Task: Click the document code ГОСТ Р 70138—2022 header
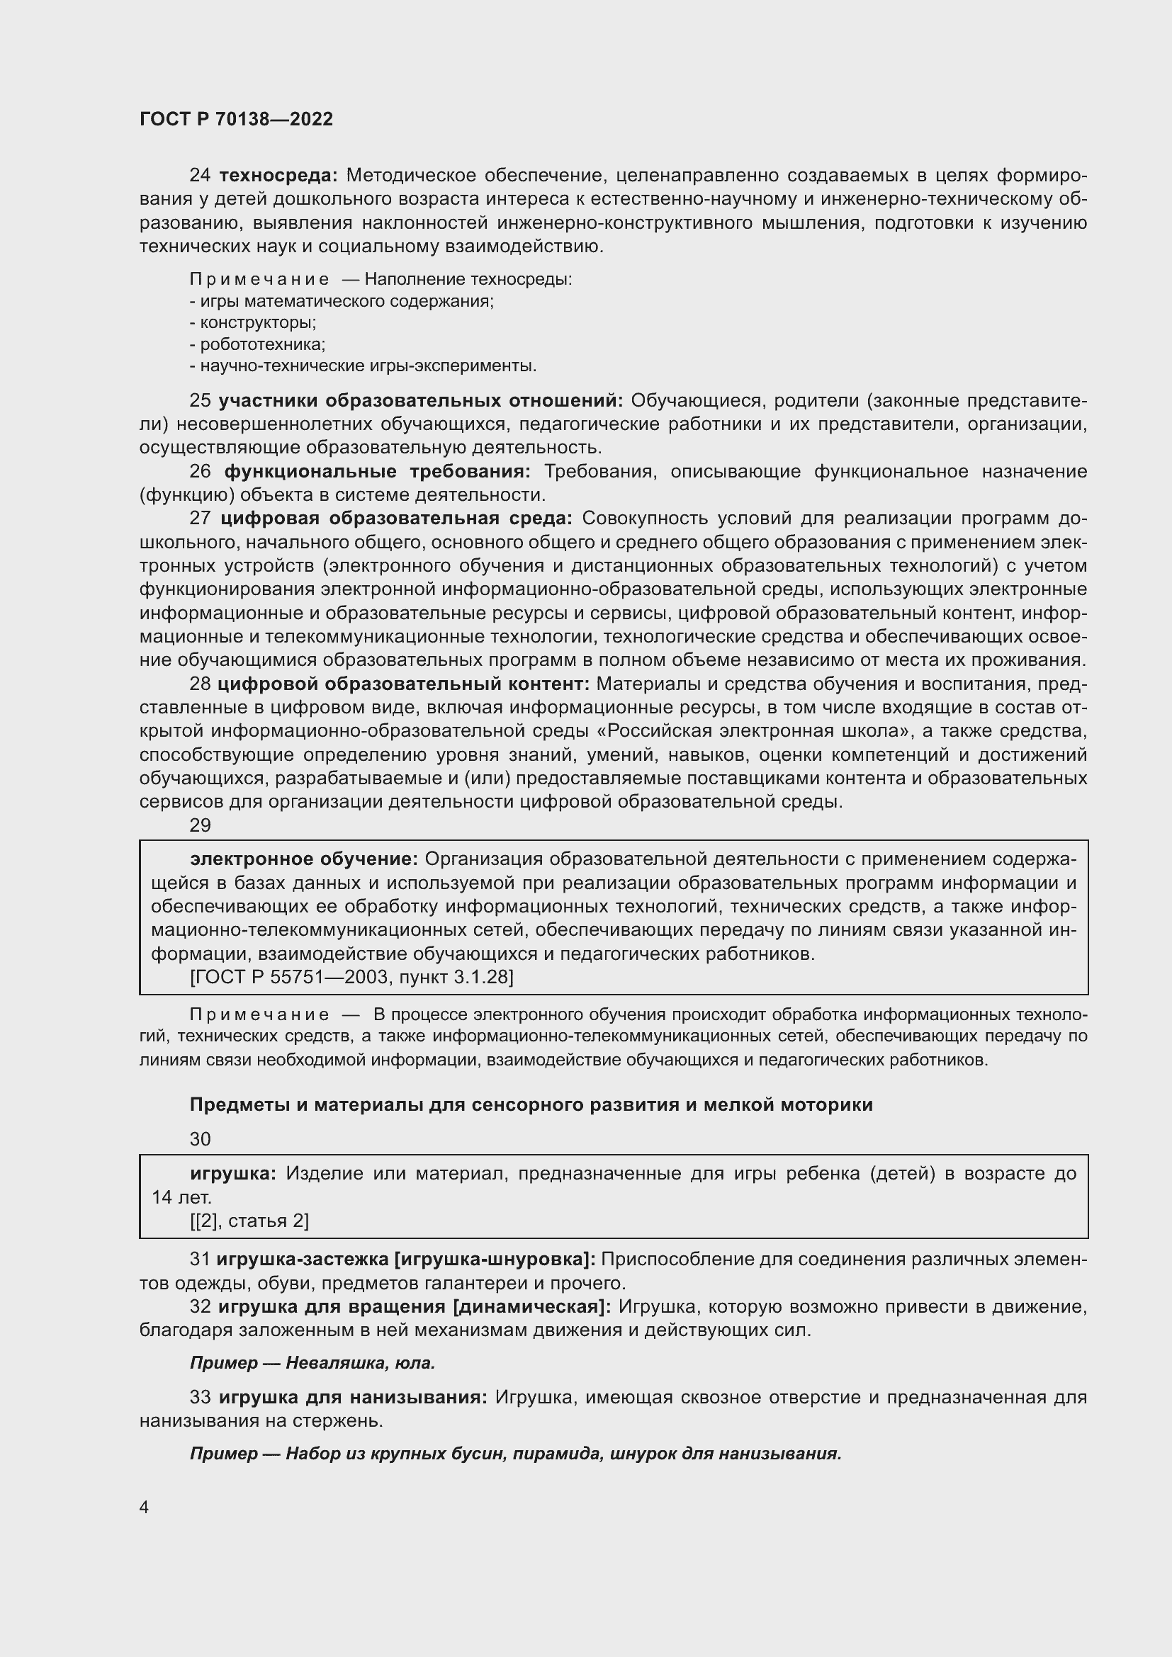pyautogui.click(x=236, y=119)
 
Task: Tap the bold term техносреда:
pyautogui.click(x=278, y=176)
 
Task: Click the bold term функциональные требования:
pyautogui.click(x=377, y=472)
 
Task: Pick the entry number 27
pyautogui.click(x=200, y=519)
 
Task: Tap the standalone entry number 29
pyautogui.click(x=200, y=825)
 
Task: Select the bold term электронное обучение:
pyautogui.click(x=304, y=859)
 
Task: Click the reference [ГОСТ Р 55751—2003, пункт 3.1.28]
pyautogui.click(x=351, y=977)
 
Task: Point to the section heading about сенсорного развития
pyautogui.click(x=531, y=1105)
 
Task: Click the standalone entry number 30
pyautogui.click(x=200, y=1140)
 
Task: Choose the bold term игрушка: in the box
pyautogui.click(x=233, y=1173)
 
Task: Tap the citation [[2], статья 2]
pyautogui.click(x=249, y=1221)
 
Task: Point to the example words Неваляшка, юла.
pyautogui.click(x=360, y=1363)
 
